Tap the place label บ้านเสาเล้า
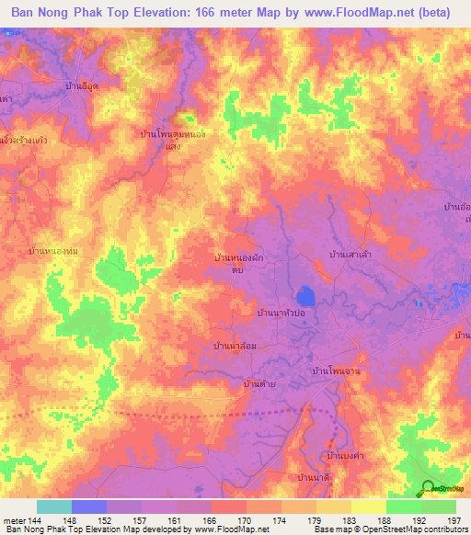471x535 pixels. [x=350, y=252]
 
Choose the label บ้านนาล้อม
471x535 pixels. [x=233, y=346]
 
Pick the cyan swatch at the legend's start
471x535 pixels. [x=54, y=507]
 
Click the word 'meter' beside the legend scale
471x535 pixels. [x=14, y=520]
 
